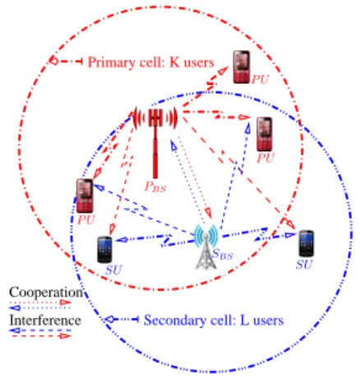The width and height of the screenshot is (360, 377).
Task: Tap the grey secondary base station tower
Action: coord(206,246)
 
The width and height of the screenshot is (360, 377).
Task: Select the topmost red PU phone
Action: coord(242,67)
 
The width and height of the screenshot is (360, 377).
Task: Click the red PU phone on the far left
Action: coord(85,195)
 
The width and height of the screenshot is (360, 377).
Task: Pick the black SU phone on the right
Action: coord(306,243)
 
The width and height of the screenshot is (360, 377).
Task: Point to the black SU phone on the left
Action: coord(104,249)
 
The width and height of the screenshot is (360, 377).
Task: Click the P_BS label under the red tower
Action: coord(155,187)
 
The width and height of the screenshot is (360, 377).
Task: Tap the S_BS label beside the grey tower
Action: coord(223,255)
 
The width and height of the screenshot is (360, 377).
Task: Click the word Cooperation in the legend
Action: coord(46,292)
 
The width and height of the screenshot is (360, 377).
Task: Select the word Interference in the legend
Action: coord(45,320)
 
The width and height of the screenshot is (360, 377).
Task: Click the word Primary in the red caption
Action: coord(112,62)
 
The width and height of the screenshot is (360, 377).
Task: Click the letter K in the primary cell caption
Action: coord(174,62)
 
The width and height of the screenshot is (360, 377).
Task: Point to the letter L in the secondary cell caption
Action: coord(245,320)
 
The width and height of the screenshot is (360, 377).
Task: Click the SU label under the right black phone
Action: coord(304,264)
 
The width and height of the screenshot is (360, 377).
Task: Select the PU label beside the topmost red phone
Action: coord(260,80)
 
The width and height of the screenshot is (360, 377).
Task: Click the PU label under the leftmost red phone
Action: coord(86,220)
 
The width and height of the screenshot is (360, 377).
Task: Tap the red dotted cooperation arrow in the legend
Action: coord(40,302)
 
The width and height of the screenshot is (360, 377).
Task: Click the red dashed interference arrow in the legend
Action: coord(41,336)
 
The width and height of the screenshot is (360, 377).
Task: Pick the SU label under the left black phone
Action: coord(113,270)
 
